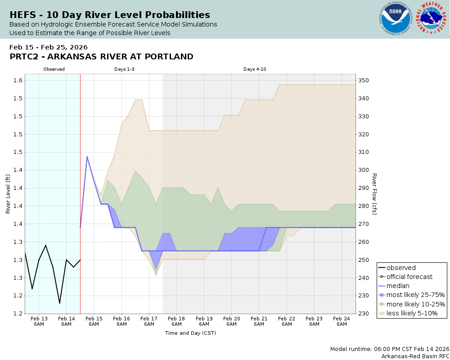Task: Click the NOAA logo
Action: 396,18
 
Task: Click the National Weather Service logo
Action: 432,18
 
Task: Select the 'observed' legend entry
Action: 401,268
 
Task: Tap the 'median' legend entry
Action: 398,286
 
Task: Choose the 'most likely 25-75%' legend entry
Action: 415,295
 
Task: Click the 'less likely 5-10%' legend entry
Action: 412,313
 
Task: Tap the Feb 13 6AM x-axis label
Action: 39,321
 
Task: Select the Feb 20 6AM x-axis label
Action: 231,321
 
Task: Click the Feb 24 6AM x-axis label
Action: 342,321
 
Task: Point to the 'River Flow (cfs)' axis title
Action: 374,194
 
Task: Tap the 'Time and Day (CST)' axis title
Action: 190,333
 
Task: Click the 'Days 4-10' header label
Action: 255,69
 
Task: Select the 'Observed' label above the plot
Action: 54,69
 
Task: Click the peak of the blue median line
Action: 87,157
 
